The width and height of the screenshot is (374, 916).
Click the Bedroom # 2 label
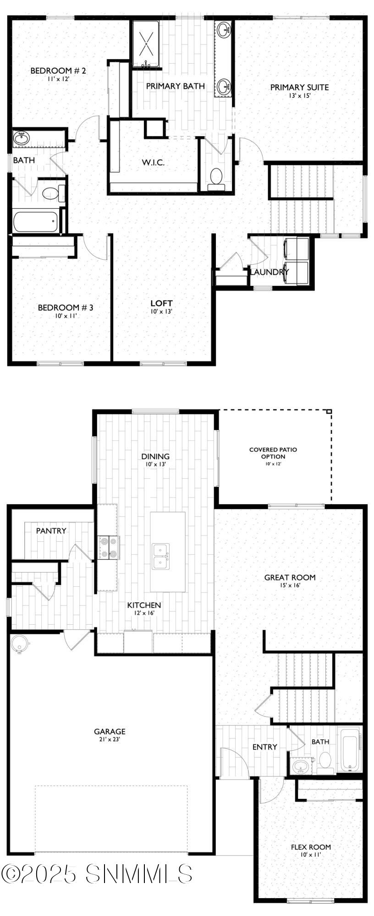pyautogui.click(x=58, y=71)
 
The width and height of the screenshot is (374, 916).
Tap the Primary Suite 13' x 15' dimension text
pyautogui.click(x=299, y=96)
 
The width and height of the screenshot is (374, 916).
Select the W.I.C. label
pyautogui.click(x=153, y=162)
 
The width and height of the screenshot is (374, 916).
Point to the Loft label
pyautogui.click(x=161, y=303)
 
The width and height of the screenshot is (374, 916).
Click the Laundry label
pyautogui.click(x=269, y=272)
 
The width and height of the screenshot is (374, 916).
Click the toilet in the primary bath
pyautogui.click(x=215, y=176)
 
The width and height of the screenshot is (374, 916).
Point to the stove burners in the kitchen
pyautogui.click(x=109, y=548)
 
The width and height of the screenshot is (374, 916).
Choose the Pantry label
pyautogui.click(x=51, y=531)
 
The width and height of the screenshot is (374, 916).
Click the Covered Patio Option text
pyautogui.click(x=273, y=453)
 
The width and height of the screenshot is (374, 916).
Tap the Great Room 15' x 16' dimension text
pyautogui.click(x=290, y=585)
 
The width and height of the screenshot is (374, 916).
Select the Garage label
pyautogui.click(x=110, y=732)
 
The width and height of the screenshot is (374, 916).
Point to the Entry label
pyautogui.click(x=264, y=747)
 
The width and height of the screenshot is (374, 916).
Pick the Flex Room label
pyautogui.click(x=311, y=847)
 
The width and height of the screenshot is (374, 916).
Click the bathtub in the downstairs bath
pyautogui.click(x=351, y=753)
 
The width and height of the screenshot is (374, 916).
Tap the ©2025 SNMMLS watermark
pyautogui.click(x=97, y=874)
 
